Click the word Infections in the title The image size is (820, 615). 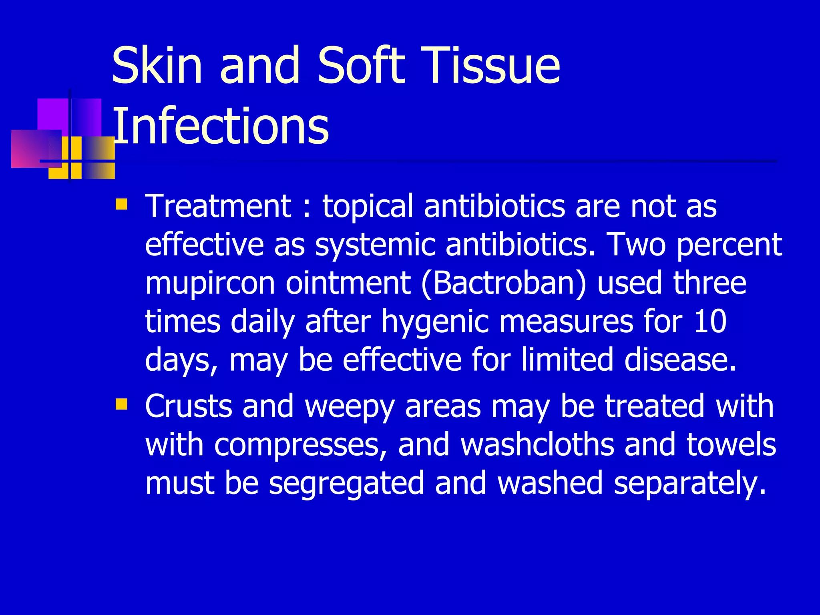221,126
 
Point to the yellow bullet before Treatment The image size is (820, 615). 121,205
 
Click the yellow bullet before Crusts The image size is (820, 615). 121,404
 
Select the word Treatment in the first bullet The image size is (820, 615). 218,206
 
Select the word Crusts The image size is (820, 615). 189,406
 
